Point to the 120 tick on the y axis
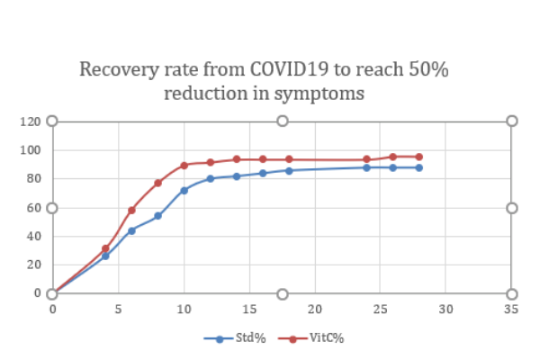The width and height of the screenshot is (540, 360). [x=31, y=121]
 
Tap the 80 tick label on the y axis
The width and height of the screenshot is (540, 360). [x=34, y=178]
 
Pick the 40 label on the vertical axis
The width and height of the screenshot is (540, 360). [x=34, y=236]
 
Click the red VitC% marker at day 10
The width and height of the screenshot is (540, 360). [x=184, y=165]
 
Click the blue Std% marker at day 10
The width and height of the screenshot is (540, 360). [x=184, y=190]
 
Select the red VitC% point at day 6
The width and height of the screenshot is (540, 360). [x=131, y=210]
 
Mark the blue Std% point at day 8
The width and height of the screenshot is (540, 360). [x=157, y=216]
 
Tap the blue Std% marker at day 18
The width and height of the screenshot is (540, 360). [x=289, y=170]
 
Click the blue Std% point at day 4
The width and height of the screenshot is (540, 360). [x=105, y=256]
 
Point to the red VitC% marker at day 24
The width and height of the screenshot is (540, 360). [x=367, y=159]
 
